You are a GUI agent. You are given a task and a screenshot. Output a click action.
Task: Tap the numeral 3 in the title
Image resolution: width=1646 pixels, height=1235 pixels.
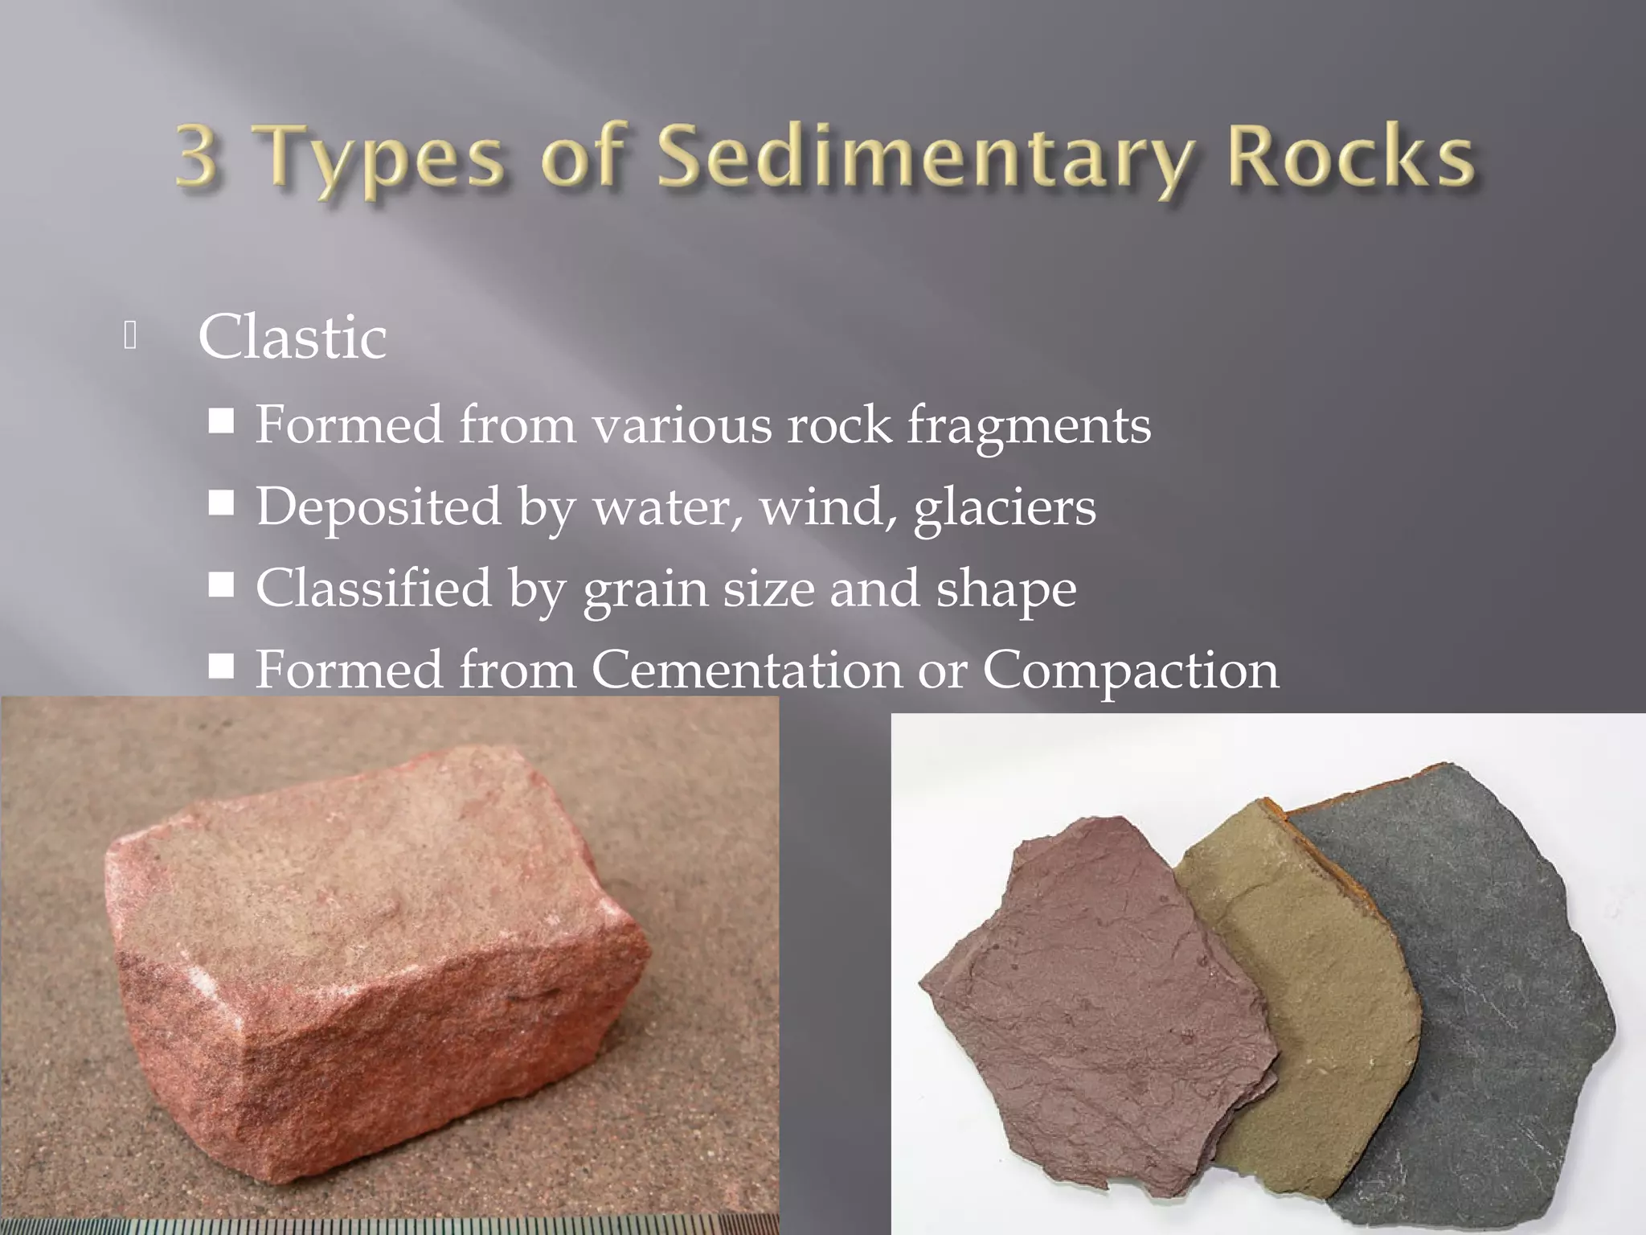click(x=197, y=154)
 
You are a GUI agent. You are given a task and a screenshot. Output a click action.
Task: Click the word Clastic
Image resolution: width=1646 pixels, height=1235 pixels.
click(x=293, y=337)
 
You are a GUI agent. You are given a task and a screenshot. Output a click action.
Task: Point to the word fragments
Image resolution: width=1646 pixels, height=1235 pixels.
click(x=1029, y=426)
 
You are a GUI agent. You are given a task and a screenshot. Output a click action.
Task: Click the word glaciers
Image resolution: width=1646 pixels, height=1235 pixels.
click(x=1005, y=508)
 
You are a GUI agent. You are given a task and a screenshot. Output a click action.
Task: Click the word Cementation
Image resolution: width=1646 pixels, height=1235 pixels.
click(x=747, y=670)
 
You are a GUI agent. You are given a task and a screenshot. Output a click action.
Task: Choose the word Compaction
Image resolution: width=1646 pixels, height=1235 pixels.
click(x=1130, y=671)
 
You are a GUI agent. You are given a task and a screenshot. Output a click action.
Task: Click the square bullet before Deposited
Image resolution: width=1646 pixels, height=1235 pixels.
click(x=221, y=504)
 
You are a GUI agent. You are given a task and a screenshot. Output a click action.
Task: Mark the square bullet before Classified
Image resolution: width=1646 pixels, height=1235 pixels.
click(x=221, y=585)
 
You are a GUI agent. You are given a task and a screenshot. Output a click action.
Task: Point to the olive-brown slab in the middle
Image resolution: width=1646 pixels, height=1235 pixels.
click(x=1302, y=1005)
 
